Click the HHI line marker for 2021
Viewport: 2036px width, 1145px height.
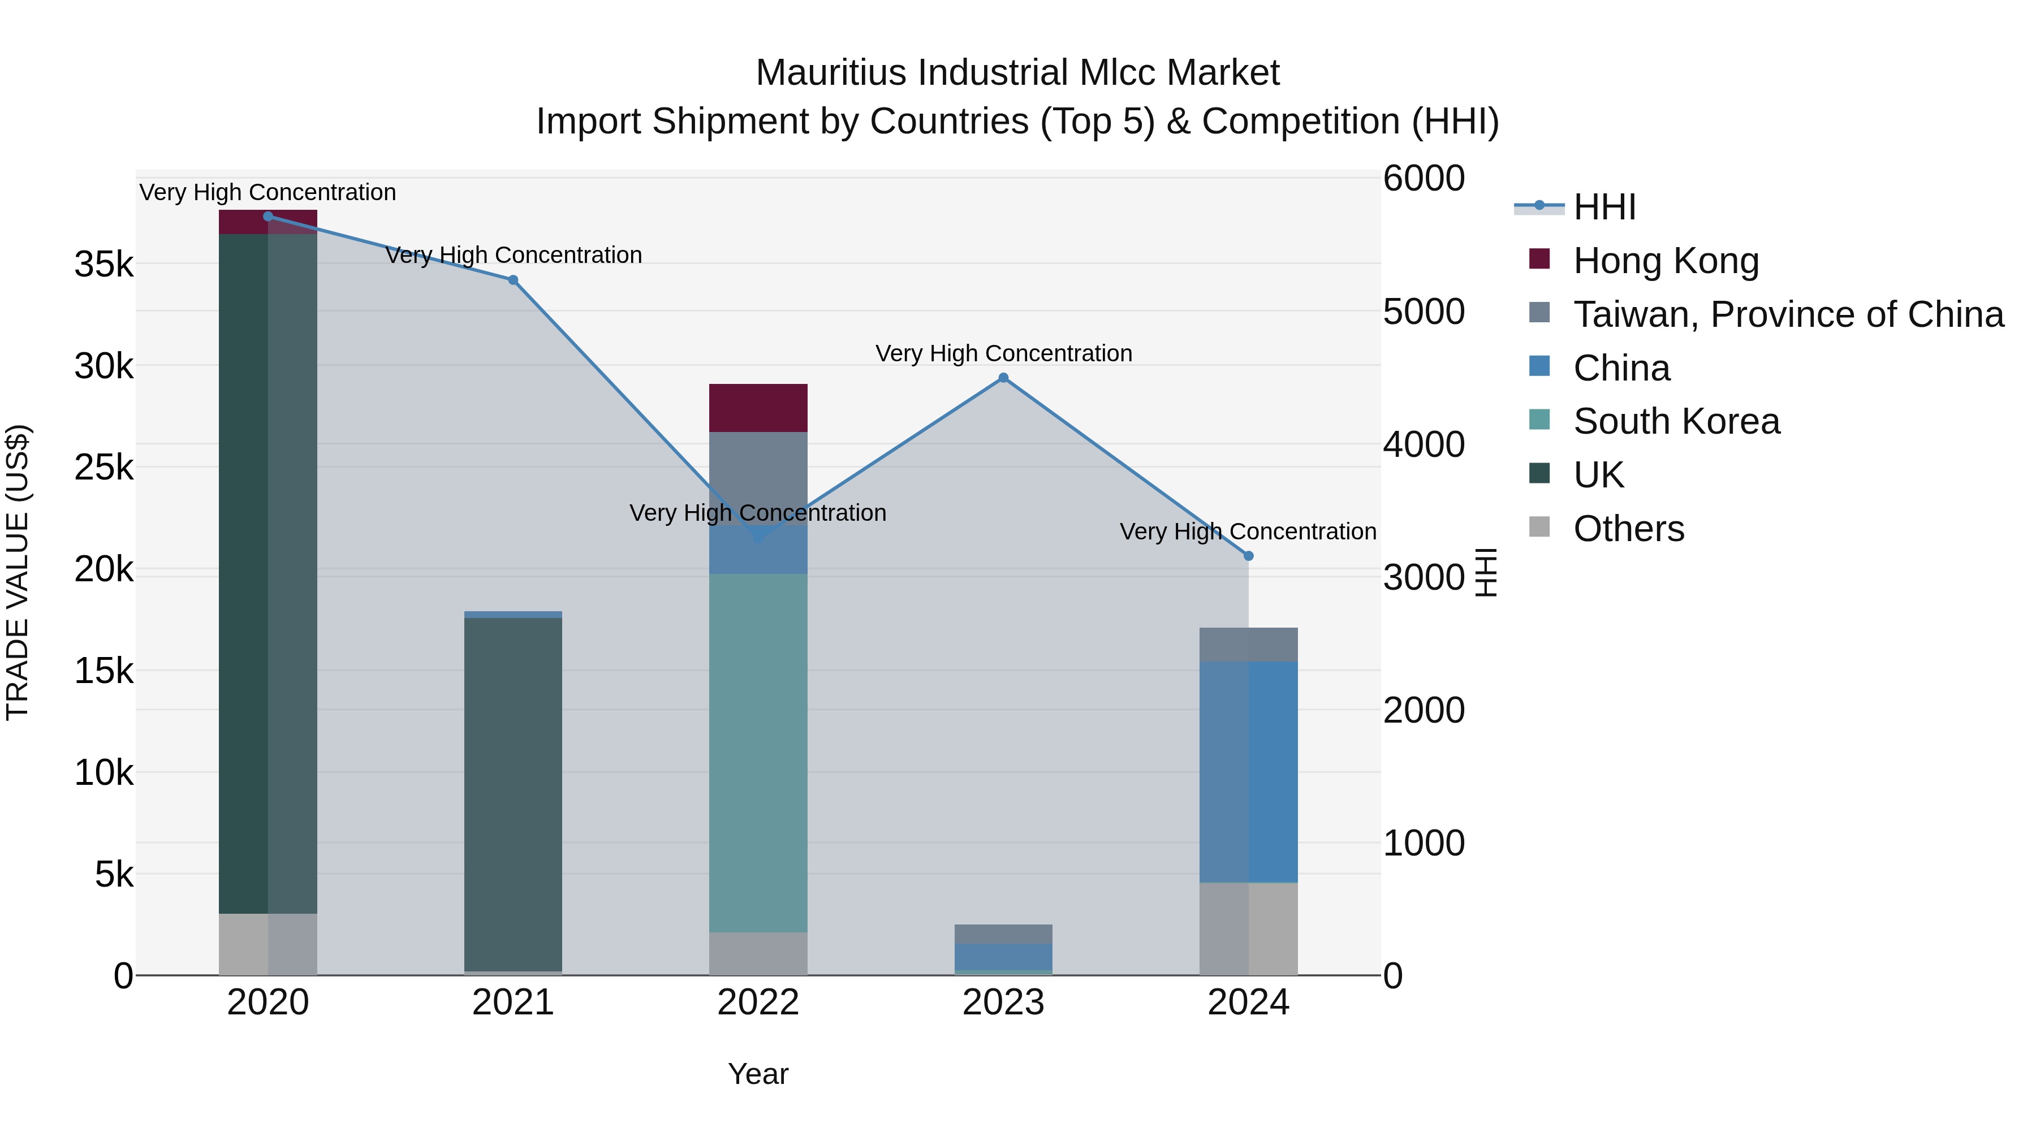pos(513,280)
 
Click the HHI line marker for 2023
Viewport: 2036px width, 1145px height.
pos(1004,378)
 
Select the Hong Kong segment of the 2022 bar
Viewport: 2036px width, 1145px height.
pos(758,408)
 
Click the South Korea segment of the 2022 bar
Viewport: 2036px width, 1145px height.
pos(758,751)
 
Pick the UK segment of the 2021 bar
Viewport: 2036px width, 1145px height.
pos(513,790)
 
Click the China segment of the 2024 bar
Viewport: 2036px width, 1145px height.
pos(1249,771)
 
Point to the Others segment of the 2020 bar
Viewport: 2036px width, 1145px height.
pos(268,944)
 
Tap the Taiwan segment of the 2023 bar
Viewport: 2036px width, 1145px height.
pos(1004,934)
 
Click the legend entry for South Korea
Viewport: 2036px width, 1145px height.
pos(1676,421)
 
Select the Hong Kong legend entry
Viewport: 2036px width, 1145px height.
pos(1666,261)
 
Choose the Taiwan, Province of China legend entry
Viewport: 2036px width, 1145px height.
pos(1788,314)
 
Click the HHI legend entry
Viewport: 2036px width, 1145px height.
pos(1604,207)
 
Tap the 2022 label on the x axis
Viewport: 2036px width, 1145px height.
pos(758,1003)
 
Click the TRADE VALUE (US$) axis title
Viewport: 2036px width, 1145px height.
pos(18,573)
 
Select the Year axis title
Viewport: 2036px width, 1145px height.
pos(758,1074)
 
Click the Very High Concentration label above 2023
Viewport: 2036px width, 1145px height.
pos(1004,353)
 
